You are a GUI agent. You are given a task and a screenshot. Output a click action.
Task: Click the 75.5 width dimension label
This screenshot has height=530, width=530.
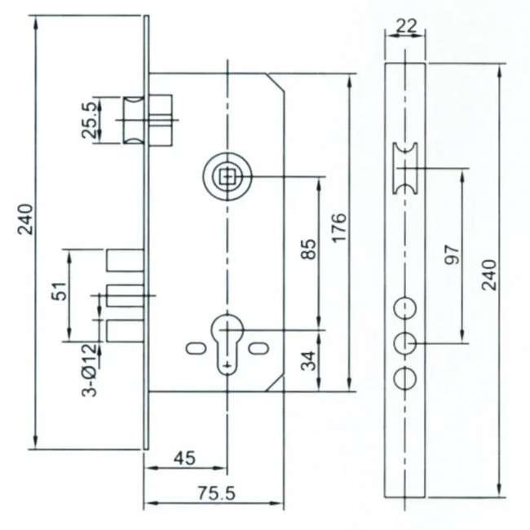[216, 493]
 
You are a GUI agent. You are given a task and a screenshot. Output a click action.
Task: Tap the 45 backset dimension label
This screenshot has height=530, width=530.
[184, 458]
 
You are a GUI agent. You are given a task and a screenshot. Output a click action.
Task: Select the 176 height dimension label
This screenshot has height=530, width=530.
[340, 227]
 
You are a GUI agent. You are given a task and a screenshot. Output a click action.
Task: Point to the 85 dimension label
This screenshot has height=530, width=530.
[308, 249]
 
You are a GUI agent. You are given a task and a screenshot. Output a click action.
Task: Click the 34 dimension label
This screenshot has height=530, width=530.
[308, 360]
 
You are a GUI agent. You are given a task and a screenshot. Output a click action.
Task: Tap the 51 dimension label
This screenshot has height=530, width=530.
[60, 291]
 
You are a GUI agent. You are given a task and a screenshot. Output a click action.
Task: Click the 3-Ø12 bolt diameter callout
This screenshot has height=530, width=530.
[89, 370]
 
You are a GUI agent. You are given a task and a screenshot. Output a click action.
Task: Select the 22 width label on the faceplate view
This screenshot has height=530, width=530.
[406, 26]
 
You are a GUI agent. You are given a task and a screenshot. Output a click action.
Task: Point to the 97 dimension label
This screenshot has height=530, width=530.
[453, 255]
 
